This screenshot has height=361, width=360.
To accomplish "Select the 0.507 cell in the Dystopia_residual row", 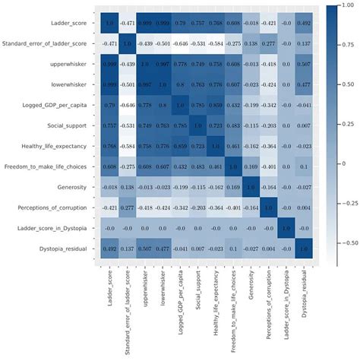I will [153, 247].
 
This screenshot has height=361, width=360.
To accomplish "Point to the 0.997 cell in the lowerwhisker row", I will [153, 84].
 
